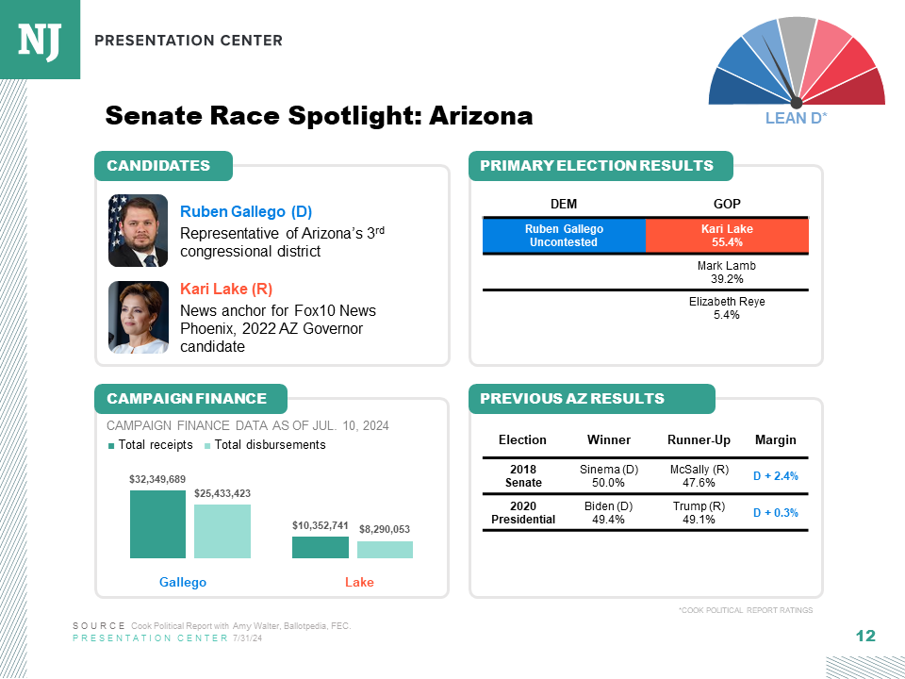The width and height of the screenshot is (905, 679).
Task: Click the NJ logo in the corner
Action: pos(40,40)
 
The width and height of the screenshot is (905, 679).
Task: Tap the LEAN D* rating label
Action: pos(796,118)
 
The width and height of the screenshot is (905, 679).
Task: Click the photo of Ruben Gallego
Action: pos(138,230)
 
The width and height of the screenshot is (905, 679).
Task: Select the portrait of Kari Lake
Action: pos(138,317)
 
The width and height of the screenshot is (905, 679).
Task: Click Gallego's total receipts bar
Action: pos(157,524)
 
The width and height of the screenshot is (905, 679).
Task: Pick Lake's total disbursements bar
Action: pos(385,549)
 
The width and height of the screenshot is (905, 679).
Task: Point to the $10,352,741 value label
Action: pos(321,525)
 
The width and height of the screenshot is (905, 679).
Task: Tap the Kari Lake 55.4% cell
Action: pos(727,236)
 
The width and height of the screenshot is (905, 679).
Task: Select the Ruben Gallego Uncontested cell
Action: pos(564,236)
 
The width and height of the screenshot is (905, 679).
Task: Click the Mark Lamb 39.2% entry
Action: pos(727,273)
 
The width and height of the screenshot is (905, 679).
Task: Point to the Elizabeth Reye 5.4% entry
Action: pos(727,308)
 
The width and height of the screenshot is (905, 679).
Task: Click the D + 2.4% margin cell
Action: pos(775,476)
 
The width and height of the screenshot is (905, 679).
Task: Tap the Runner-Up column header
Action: pos(699,439)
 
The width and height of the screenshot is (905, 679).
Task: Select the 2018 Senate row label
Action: pos(522,476)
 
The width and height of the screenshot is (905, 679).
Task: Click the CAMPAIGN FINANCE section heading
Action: pos(187,398)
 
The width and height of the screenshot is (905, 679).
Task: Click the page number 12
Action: pos(865,637)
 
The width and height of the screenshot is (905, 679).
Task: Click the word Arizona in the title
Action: pos(481,116)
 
